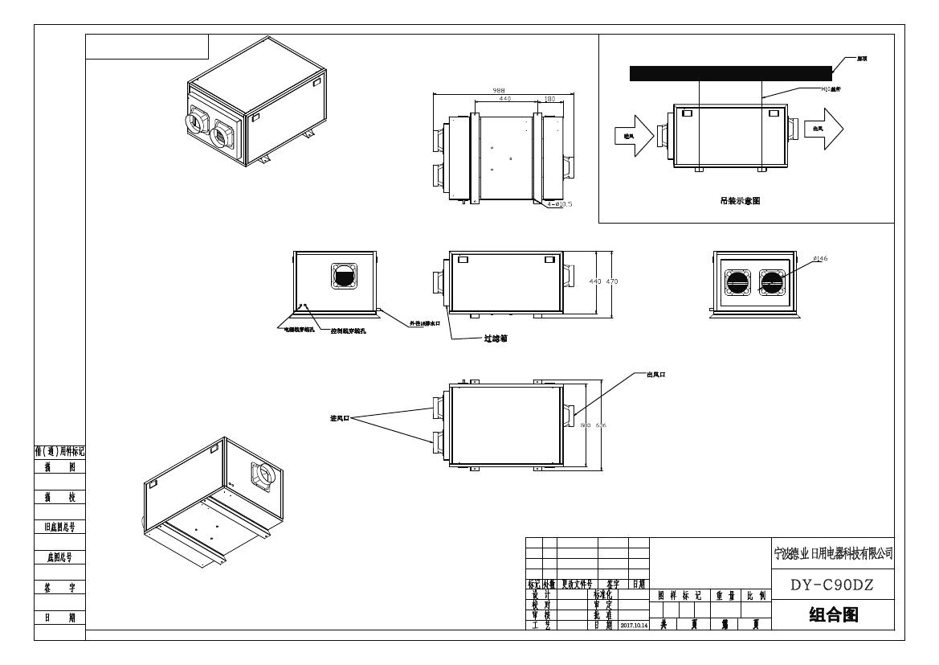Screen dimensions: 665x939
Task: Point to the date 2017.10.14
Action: tap(633, 625)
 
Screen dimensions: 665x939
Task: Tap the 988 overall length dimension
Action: tap(499, 90)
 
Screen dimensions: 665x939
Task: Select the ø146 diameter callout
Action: tap(798, 259)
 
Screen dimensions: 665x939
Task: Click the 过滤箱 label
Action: tap(495, 339)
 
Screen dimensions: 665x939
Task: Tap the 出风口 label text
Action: tap(656, 375)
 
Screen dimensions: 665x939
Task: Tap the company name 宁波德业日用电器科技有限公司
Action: tap(831, 554)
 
